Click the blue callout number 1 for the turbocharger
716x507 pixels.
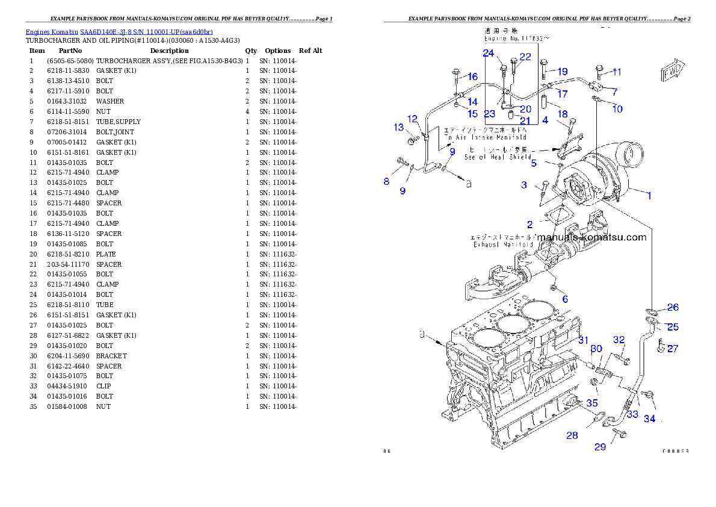649,195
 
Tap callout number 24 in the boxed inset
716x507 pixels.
489,54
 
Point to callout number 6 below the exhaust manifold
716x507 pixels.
565,299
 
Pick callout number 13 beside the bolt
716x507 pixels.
399,127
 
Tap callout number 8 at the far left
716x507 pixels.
387,181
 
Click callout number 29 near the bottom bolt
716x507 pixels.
600,447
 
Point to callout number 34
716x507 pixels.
649,418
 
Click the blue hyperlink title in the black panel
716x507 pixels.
119,32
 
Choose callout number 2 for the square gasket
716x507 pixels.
529,225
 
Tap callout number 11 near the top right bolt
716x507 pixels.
617,72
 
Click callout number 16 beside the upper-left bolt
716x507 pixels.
472,76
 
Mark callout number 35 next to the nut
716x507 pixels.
592,403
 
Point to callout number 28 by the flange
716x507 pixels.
572,435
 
